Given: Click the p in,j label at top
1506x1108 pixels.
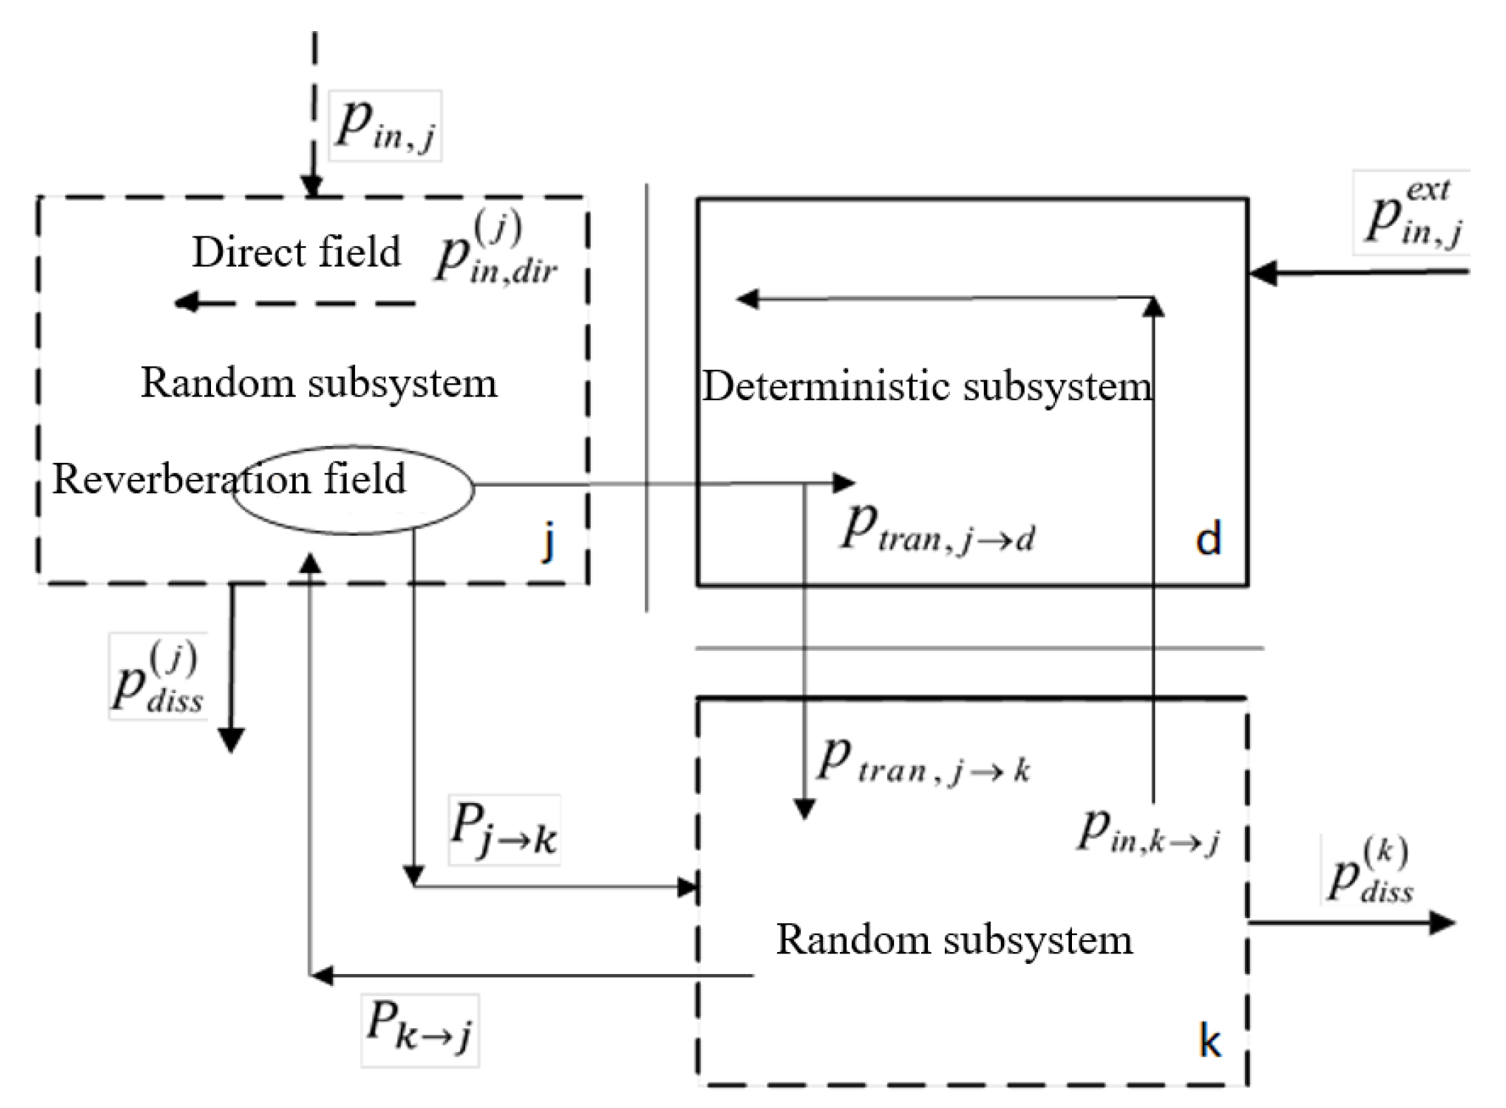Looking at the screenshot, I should [385, 126].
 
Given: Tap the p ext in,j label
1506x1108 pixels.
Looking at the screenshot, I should [1412, 212].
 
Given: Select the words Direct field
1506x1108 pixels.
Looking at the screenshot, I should [296, 252].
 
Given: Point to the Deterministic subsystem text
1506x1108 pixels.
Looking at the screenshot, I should [926, 387].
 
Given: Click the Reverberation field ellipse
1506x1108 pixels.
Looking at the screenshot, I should [353, 489].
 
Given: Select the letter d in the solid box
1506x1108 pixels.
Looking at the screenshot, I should [1208, 540].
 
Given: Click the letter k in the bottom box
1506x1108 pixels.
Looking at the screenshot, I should [1210, 1041].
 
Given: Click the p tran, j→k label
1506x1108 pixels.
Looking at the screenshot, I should [923, 762].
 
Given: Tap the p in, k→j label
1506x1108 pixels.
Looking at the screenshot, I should [1149, 831].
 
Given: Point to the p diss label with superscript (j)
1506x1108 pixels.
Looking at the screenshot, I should [157, 676].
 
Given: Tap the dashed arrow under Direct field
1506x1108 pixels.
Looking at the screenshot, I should [295, 303].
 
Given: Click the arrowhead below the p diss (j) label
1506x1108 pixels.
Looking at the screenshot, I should [231, 740].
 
